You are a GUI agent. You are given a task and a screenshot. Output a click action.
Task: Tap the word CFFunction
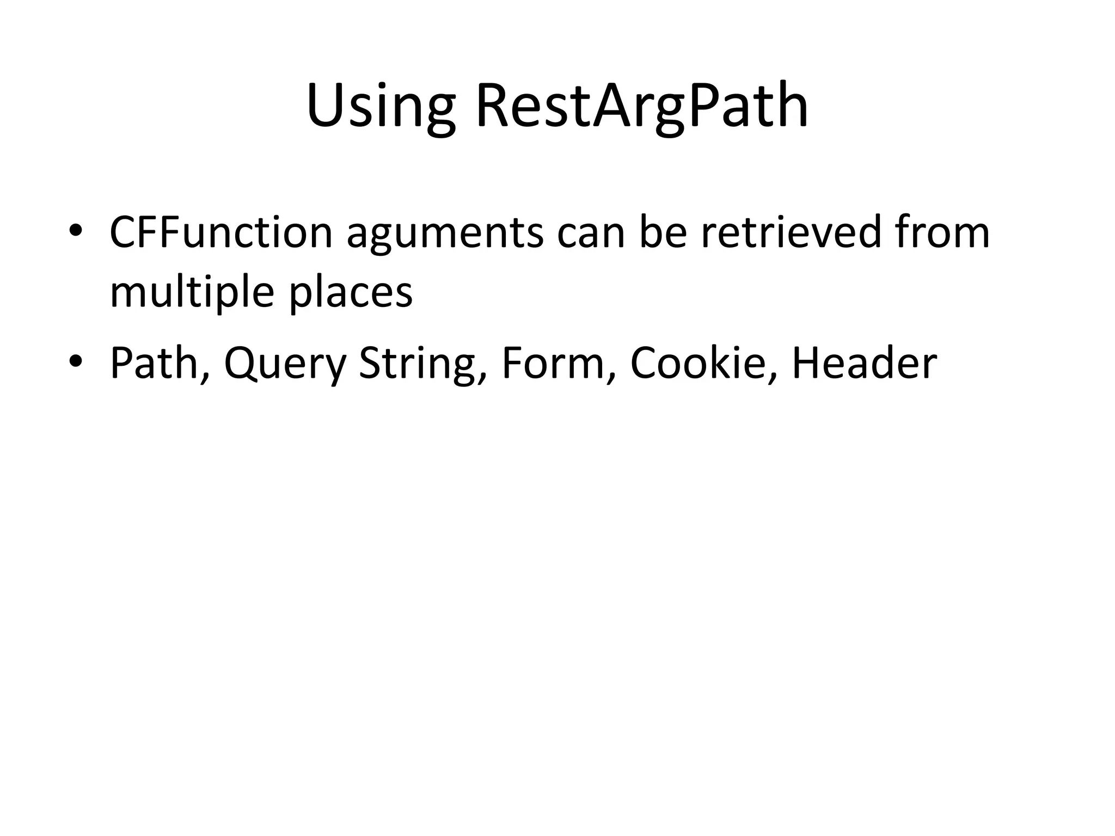[x=220, y=232]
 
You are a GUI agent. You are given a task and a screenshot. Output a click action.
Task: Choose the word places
[x=351, y=293]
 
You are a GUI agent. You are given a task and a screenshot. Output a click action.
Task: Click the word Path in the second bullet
[x=154, y=364]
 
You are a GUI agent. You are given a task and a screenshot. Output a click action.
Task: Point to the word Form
[x=552, y=364]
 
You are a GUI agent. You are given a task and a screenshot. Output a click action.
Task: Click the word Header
[x=864, y=364]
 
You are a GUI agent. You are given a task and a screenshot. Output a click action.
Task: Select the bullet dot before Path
[x=75, y=361]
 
